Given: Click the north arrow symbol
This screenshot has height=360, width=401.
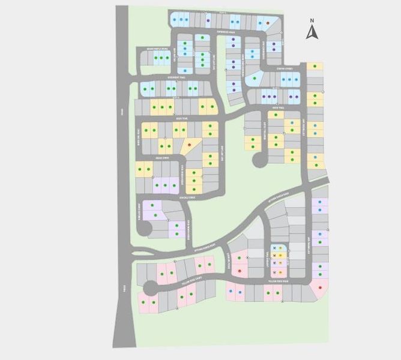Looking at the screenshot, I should click(311, 32).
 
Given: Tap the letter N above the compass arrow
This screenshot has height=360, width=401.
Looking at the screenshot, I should click(312, 20).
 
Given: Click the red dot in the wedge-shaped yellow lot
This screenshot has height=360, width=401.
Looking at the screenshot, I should click(190, 145).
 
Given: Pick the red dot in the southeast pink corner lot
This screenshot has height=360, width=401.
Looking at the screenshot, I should click(319, 288).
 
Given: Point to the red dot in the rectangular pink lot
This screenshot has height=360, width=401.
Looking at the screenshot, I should click(240, 271).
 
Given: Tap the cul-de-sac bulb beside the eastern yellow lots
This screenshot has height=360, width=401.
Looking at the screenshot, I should click(260, 160).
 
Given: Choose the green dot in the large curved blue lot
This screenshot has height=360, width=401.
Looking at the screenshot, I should click(255, 79).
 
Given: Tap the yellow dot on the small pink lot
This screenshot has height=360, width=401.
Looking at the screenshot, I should click(280, 272).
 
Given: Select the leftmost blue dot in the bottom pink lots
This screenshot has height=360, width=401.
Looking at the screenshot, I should click(232, 292).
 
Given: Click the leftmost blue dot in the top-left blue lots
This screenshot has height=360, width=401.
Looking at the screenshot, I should click(174, 20).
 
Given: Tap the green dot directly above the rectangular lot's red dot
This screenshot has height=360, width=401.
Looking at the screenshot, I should click(240, 258).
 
